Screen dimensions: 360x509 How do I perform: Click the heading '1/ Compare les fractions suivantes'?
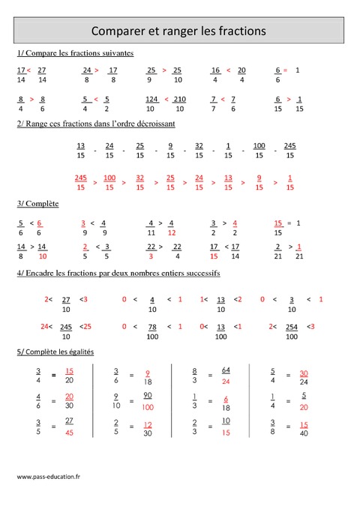tap(75, 54)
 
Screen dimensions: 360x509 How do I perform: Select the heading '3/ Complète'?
tap(37, 203)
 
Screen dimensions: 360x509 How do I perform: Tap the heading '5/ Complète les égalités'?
tap(55, 352)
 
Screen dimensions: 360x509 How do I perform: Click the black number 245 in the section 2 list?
tap(290, 145)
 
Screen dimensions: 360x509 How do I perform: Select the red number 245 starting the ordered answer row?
tap(81, 178)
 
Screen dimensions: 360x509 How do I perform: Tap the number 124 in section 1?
tap(152, 99)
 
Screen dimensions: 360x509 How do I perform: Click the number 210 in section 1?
tap(179, 99)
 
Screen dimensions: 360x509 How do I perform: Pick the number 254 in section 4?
tap(291, 327)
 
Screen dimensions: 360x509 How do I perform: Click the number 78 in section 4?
tap(152, 327)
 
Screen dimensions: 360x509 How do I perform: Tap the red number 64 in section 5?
tap(226, 370)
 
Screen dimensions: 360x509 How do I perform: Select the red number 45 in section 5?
tap(69, 433)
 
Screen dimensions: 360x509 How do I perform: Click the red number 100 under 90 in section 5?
tap(148, 407)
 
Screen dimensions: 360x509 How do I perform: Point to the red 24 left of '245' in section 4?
tap(45, 327)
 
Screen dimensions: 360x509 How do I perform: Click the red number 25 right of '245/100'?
tap(86, 327)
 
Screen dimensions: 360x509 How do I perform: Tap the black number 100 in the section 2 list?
tap(259, 145)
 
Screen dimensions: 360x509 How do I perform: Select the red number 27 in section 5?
tap(69, 421)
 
